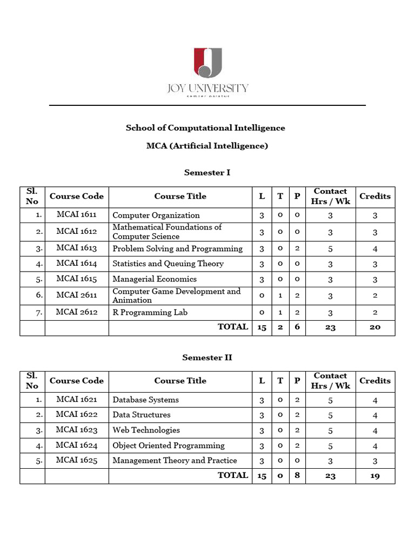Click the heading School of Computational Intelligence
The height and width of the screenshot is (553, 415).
point(205,128)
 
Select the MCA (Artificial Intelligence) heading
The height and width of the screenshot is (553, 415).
point(207,146)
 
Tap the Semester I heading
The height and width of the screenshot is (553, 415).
point(207,173)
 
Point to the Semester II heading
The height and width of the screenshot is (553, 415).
point(207,358)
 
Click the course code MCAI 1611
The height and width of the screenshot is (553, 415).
point(77,215)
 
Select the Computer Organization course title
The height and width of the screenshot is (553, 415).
point(156,215)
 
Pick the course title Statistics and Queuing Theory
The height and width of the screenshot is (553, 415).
point(168,264)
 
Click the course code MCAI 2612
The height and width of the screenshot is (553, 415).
point(77,312)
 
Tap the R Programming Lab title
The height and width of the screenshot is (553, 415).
point(150,312)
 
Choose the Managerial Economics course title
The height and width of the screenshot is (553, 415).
point(155,279)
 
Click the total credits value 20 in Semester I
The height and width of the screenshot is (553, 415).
point(374,327)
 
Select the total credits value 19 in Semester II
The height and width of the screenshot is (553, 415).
point(374,476)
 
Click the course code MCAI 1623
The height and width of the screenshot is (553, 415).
point(77,430)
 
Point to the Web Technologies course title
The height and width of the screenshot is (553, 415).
point(146,430)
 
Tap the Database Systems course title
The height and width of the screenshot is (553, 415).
point(145,400)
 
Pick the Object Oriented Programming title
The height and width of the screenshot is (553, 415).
point(169,446)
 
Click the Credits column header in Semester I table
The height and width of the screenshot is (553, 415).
point(374,196)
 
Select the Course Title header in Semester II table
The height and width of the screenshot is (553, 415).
point(180,381)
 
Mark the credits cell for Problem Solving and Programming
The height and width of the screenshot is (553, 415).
point(374,249)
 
